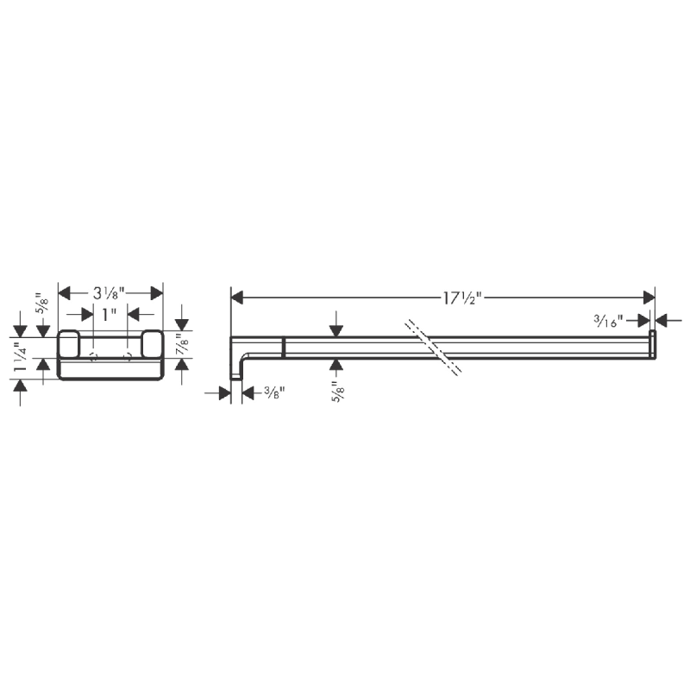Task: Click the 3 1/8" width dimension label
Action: point(110,292)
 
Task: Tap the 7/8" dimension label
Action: point(182,344)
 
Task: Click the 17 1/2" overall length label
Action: point(461,298)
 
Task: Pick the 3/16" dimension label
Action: point(610,321)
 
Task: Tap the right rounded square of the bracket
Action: point(152,343)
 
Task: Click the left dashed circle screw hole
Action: point(92,355)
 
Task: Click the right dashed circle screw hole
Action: point(128,355)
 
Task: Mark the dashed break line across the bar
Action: point(436,348)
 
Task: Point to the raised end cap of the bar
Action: point(653,343)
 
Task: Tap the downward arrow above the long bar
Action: point(336,330)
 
